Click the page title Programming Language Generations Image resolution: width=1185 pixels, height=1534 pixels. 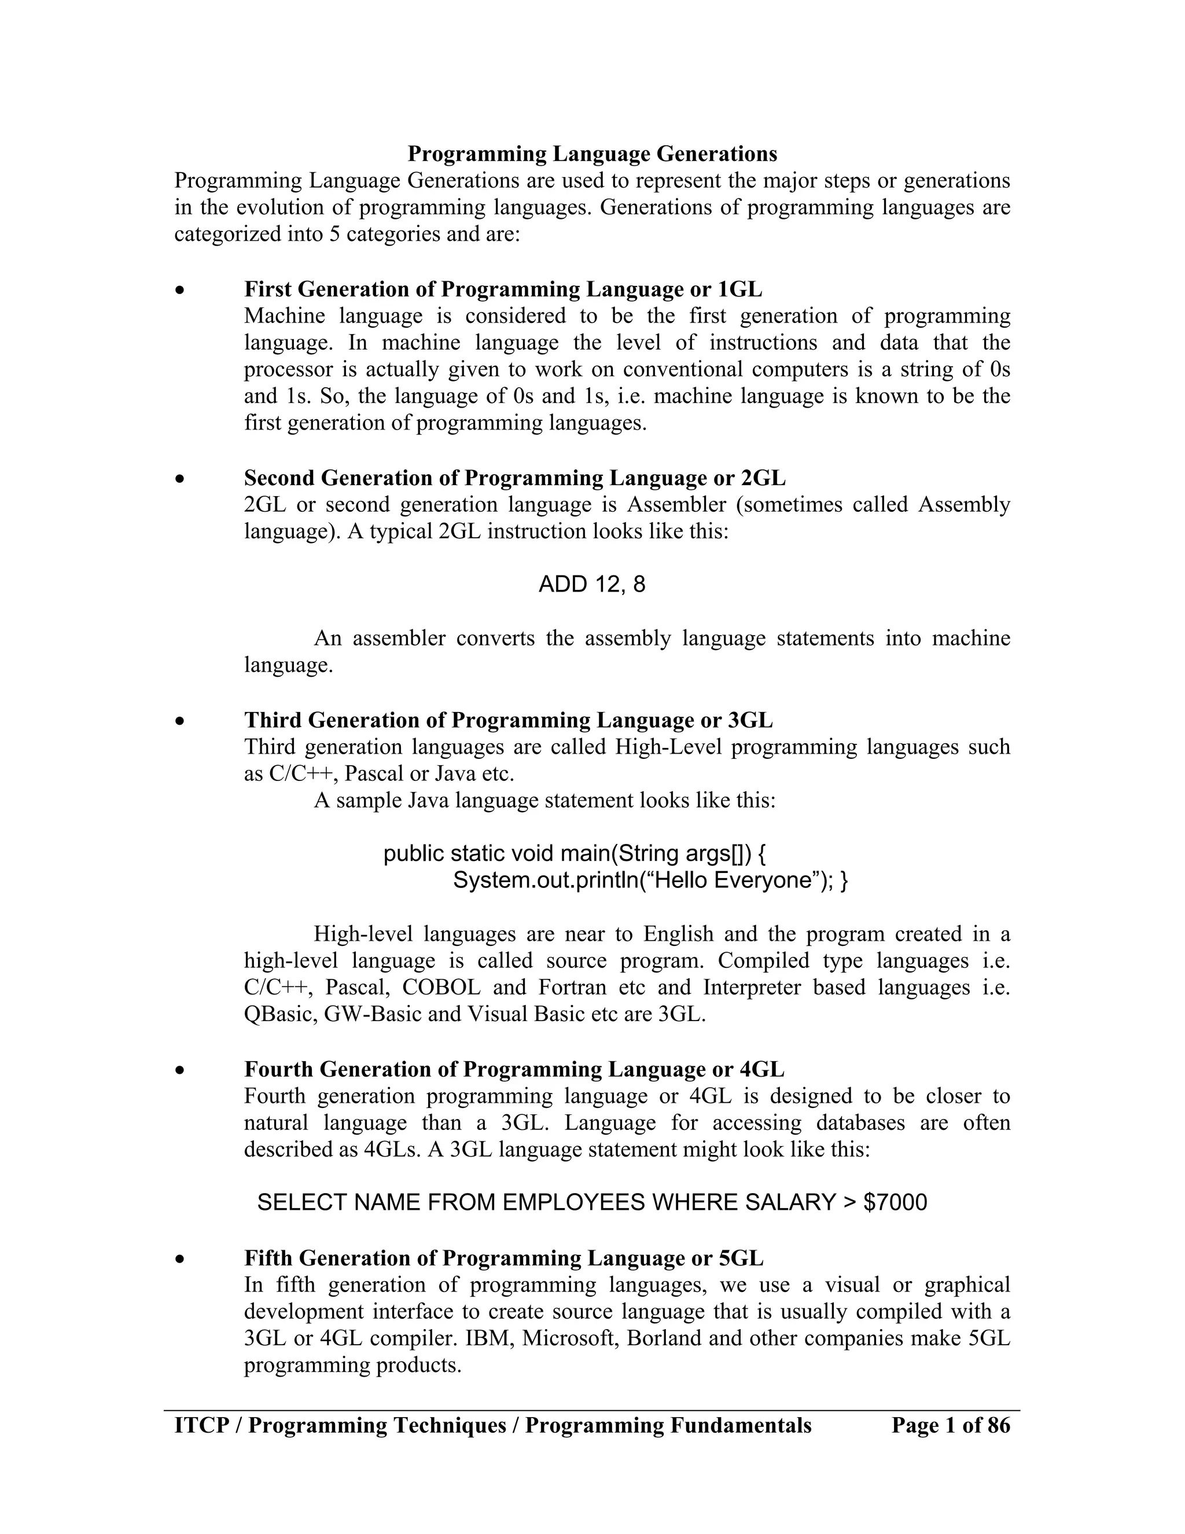(x=592, y=154)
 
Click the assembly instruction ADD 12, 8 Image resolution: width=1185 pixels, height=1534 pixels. (x=591, y=585)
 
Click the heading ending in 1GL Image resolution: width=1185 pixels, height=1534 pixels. (x=503, y=289)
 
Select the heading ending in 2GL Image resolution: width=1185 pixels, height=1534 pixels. (x=514, y=478)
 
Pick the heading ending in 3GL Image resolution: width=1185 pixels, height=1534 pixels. (x=508, y=720)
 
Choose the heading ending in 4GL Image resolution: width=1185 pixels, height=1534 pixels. (x=514, y=1069)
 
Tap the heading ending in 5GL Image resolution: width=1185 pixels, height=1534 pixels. (x=503, y=1258)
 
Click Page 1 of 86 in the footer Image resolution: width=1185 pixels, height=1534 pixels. (x=950, y=1425)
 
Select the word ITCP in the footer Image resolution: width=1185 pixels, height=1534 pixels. (x=202, y=1425)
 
